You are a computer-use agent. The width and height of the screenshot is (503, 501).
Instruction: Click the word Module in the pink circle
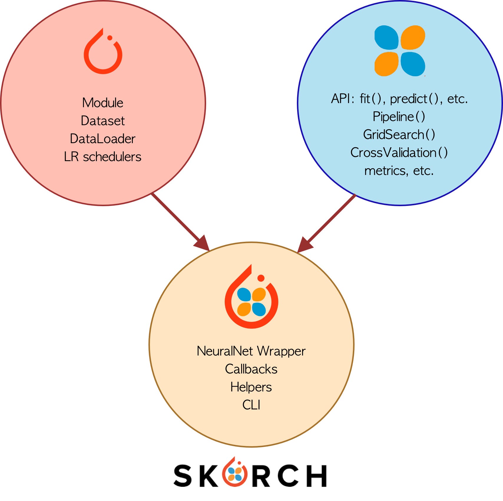103,103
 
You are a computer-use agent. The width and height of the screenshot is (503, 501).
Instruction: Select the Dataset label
103,121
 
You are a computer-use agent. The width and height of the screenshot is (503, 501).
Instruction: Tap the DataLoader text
103,139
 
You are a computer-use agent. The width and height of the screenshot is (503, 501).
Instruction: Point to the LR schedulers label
103,157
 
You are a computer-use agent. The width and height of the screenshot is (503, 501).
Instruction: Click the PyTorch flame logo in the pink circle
103,51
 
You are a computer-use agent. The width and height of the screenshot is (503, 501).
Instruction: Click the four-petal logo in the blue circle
400,51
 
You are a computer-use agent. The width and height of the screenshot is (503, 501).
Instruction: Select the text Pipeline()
399,117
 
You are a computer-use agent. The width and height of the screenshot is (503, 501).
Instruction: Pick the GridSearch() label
399,135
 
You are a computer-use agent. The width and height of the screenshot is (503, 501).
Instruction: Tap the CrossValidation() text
399,153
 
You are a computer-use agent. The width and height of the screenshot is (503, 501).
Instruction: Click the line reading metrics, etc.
399,171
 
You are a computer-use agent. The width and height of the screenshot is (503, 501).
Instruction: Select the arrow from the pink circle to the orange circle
181,222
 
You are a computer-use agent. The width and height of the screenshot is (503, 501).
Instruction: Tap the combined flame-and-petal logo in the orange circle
251,296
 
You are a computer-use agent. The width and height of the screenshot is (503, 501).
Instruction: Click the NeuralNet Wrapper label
251,351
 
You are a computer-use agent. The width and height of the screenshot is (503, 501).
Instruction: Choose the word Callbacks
251,369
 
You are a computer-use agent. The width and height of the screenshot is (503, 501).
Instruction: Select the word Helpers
251,387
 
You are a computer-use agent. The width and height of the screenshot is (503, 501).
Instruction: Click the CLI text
251,405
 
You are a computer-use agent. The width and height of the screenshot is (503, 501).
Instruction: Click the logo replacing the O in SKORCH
235,472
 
